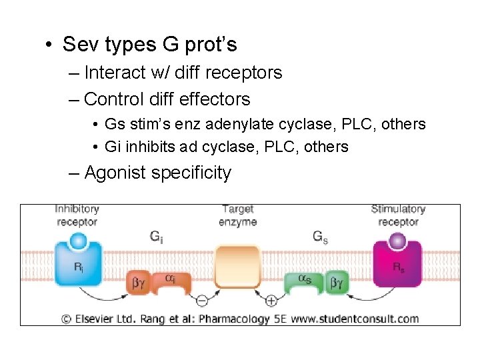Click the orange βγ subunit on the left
139,283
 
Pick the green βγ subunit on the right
339,283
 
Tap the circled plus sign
271,301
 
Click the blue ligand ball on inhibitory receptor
79,240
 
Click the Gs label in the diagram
321,236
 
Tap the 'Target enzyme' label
237,215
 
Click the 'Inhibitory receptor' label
77,215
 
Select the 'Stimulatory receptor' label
398,215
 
